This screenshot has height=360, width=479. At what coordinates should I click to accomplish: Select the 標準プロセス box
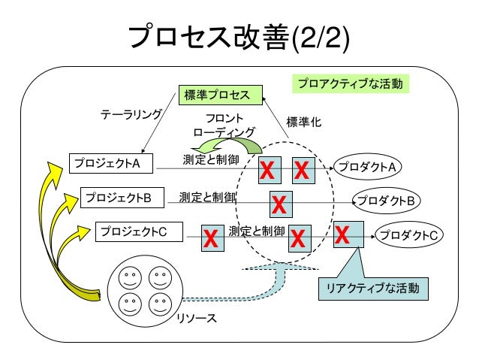[218, 94]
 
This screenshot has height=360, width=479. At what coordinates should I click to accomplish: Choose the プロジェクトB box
[119, 198]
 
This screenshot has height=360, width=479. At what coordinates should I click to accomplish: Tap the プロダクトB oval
[387, 201]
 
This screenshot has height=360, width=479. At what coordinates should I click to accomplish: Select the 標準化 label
[304, 122]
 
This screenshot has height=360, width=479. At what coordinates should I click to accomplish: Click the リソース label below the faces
[197, 319]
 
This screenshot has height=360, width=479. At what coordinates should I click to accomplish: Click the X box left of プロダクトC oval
[348, 235]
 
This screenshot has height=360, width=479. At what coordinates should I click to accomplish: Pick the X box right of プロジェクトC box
[211, 239]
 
